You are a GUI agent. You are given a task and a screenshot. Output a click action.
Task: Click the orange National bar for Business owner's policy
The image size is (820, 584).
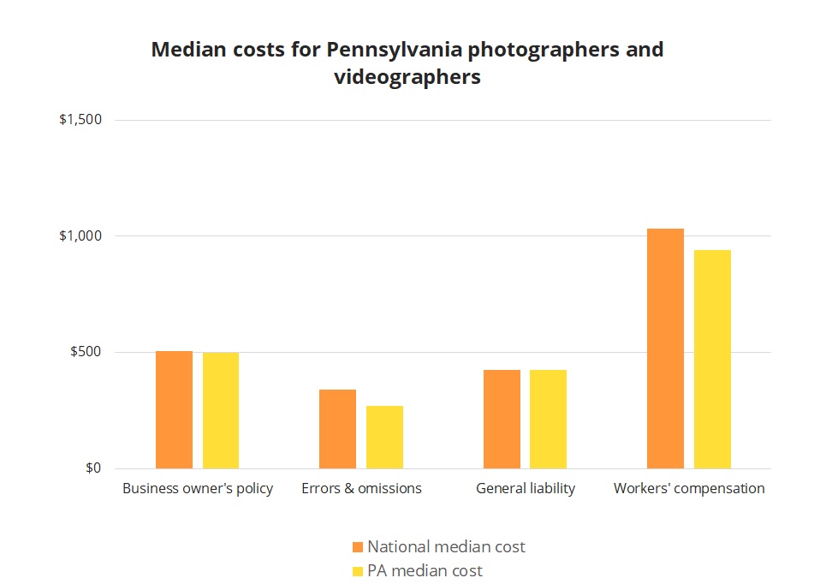[x=174, y=409]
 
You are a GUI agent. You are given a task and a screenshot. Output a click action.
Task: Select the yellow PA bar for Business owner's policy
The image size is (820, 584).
[x=221, y=410]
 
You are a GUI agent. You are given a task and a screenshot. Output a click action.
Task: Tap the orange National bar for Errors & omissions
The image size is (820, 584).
[x=337, y=429]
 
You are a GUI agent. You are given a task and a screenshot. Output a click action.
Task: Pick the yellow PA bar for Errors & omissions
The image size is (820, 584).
[x=384, y=437]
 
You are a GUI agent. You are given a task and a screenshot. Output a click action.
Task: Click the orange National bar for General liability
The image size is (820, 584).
[x=502, y=419]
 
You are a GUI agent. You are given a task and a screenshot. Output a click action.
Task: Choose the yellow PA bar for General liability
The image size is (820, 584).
[x=548, y=419]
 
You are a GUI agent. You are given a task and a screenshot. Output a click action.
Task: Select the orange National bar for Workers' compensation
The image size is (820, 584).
[x=665, y=349]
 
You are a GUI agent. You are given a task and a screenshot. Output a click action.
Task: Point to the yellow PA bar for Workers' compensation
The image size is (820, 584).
[x=712, y=359]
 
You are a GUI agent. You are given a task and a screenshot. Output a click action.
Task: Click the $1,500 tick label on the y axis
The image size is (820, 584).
[x=80, y=120]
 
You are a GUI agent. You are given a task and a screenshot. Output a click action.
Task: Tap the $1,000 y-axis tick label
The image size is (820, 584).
[x=80, y=236]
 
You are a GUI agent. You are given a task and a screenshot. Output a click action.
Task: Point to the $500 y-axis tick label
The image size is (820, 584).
[x=86, y=352]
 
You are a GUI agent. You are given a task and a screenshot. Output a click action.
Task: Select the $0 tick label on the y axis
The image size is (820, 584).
[x=92, y=468]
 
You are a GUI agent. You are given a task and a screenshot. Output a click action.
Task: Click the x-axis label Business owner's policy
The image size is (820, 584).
[x=198, y=489]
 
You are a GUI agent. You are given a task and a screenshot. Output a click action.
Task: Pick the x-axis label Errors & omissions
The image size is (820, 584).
[x=361, y=489]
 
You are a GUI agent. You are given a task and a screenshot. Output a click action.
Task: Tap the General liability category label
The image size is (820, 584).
[x=526, y=489]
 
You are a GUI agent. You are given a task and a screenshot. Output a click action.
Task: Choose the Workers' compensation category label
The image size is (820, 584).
[x=689, y=489]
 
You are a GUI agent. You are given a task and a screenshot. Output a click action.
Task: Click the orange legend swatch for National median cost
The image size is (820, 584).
[x=358, y=546]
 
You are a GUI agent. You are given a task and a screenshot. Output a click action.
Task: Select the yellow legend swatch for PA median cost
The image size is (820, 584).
[x=358, y=570]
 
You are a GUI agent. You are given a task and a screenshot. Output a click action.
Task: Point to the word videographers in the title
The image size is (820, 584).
[x=407, y=77]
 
